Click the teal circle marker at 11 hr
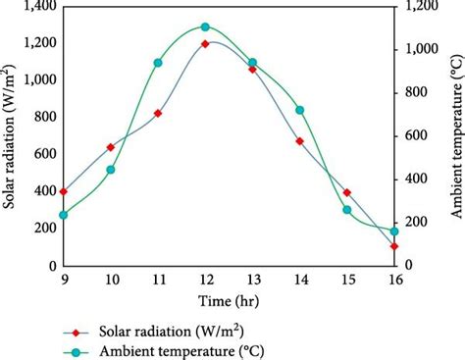tap(158, 63)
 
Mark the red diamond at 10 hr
tap(111, 147)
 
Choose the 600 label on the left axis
tap(40, 154)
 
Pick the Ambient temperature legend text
tap(181, 350)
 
